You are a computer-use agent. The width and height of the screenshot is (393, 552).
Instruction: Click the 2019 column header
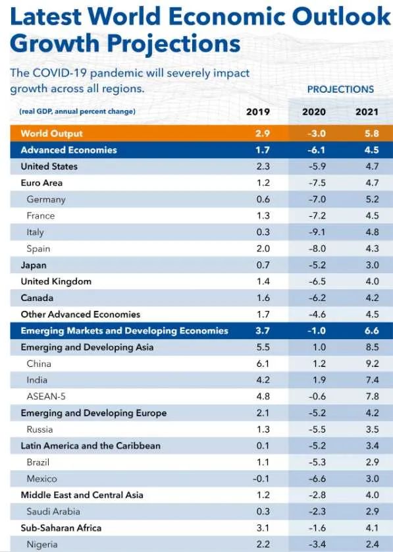258,112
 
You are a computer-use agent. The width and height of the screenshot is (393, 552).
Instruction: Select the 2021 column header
367,112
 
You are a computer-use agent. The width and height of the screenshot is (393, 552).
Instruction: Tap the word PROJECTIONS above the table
340,90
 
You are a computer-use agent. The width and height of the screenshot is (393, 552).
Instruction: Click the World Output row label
51,134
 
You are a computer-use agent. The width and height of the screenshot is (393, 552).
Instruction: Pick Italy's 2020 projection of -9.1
317,233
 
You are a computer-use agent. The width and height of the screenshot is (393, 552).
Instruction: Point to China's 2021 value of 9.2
372,364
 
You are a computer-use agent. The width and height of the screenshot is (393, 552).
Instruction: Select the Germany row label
46,200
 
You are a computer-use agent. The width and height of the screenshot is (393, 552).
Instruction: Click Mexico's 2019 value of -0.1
261,479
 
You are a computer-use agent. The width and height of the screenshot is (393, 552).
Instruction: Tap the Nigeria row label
42,545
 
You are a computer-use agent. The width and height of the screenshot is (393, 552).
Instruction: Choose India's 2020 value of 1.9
319,380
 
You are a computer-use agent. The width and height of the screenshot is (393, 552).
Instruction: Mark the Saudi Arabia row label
53,512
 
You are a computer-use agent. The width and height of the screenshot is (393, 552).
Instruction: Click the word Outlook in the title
342,16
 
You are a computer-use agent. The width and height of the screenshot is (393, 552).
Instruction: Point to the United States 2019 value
263,167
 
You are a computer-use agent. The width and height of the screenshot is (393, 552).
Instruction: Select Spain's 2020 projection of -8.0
317,249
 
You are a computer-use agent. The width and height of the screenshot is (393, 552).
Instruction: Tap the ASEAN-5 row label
46,397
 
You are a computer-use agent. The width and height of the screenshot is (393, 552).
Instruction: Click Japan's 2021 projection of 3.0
372,265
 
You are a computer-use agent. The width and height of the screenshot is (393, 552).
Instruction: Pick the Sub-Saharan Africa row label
61,528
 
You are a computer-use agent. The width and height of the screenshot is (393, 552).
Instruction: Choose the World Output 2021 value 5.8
372,134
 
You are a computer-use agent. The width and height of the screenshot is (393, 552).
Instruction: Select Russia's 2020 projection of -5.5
317,429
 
